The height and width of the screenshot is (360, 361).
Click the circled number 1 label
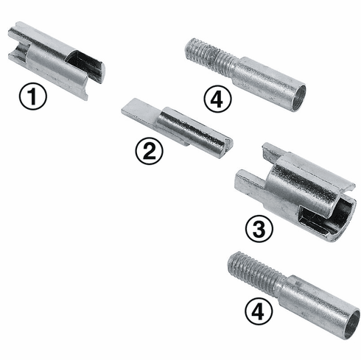[33, 97]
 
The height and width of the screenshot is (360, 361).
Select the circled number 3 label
[259, 229]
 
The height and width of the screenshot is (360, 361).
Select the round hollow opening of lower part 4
[352, 324]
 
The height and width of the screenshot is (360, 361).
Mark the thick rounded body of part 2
[195, 131]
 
